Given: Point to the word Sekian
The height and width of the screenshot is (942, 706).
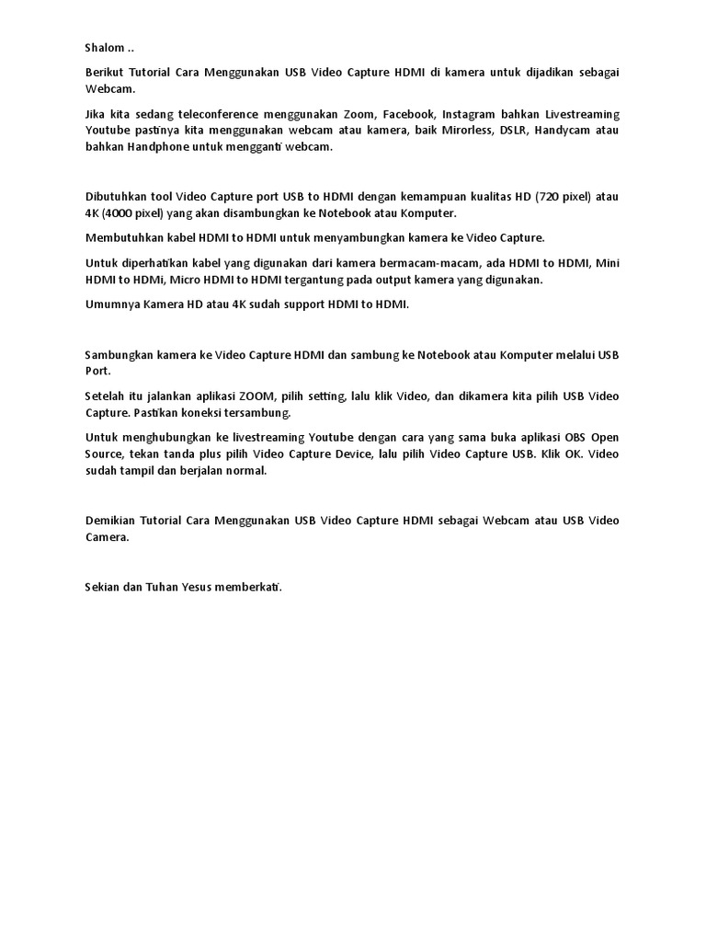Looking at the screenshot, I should [103, 587].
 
